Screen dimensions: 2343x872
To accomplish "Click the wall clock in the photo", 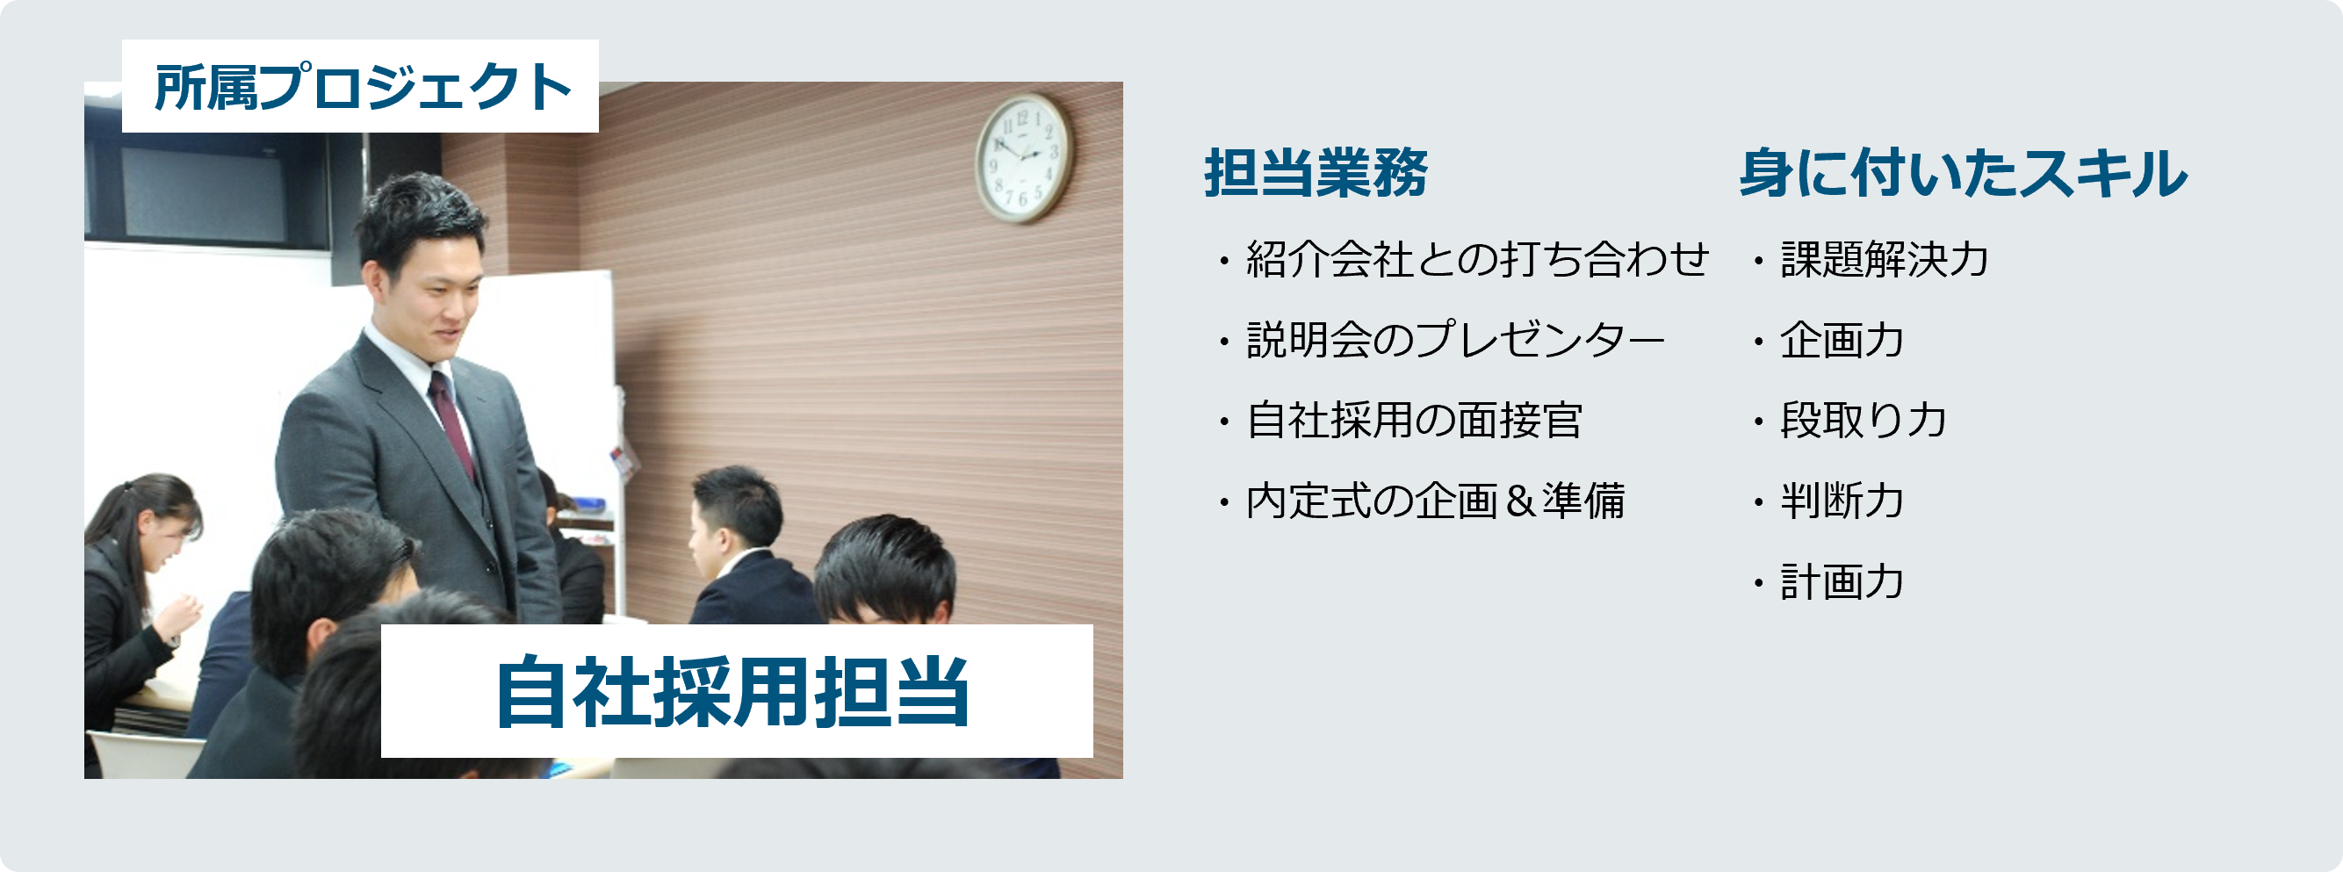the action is click(x=1024, y=158).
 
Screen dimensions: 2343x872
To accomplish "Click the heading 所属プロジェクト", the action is click(x=362, y=87).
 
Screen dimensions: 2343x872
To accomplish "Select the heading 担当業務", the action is click(x=1316, y=173).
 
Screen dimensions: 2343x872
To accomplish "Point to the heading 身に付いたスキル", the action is click(x=1963, y=173).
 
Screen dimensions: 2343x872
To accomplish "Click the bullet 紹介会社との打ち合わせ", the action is click(x=1477, y=260).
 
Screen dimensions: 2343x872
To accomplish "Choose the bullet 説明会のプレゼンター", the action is click(x=1455, y=340).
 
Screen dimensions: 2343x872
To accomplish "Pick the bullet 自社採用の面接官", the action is click(x=1415, y=421).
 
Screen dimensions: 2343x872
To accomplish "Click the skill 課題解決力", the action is click(x=1885, y=260).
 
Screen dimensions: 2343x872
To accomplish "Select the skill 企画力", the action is click(x=1842, y=340).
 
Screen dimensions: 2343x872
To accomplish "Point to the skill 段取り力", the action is click(x=1863, y=421).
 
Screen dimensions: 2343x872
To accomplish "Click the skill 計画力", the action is click(x=1842, y=582).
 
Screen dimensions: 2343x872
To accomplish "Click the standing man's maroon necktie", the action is click(x=451, y=422).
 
